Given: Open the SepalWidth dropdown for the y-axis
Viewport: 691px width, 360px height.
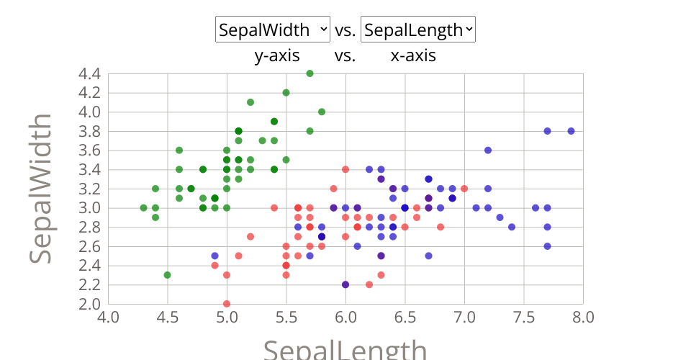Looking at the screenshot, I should pyautogui.click(x=273, y=30).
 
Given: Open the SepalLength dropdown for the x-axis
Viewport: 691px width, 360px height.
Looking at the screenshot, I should pyautogui.click(x=417, y=30).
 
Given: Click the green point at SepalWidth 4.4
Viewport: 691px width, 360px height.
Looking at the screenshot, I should pyautogui.click(x=310, y=73).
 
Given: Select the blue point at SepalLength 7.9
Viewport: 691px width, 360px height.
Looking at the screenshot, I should pyautogui.click(x=571, y=131).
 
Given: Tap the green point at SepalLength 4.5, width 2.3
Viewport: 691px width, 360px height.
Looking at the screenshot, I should pyautogui.click(x=167, y=275).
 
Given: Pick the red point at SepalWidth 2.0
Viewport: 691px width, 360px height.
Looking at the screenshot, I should pyautogui.click(x=227, y=304).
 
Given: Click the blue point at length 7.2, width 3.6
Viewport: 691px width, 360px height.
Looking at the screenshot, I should pyautogui.click(x=488, y=150).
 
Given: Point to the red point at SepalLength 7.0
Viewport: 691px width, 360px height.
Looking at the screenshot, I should pyautogui.click(x=464, y=189).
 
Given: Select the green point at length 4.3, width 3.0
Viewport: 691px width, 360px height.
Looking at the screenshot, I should pyautogui.click(x=143, y=208).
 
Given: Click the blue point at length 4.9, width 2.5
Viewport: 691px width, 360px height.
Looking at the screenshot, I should pyautogui.click(x=214, y=256).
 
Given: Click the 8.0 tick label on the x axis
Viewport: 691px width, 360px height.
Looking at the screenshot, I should pyautogui.click(x=583, y=318).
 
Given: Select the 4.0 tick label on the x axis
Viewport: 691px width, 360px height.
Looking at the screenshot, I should pyautogui.click(x=108, y=318).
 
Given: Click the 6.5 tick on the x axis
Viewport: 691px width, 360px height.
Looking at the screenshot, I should pyautogui.click(x=405, y=318).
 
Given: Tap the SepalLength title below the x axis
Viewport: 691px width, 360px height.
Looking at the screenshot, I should pyautogui.click(x=345, y=350).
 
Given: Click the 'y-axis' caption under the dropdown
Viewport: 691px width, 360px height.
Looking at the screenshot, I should pyautogui.click(x=277, y=55).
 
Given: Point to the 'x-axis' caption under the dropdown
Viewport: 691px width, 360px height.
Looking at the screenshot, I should pyautogui.click(x=413, y=55).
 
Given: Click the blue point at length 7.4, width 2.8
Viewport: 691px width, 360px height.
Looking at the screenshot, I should pyautogui.click(x=512, y=227).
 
